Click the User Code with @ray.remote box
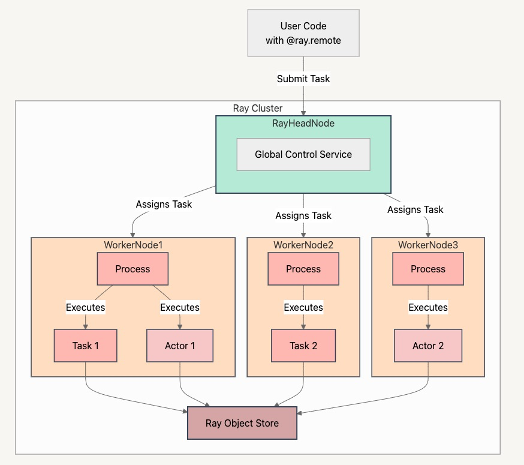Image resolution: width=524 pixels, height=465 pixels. pyautogui.click(x=303, y=33)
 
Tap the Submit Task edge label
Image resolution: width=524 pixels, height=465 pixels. pyautogui.click(x=303, y=79)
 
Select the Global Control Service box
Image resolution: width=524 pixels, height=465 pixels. pyautogui.click(x=303, y=155)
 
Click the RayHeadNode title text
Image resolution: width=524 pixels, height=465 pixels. pyautogui.click(x=303, y=124)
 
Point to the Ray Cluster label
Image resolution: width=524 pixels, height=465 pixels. pyautogui.click(x=258, y=109)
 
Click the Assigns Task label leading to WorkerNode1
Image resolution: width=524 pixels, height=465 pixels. pyautogui.click(x=164, y=204)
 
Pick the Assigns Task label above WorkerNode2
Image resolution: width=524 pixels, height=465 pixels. pyautogui.click(x=303, y=215)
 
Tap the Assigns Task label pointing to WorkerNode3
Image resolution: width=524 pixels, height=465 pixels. pyautogui.click(x=415, y=209)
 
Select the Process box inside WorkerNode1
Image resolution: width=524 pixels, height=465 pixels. pyautogui.click(x=132, y=269)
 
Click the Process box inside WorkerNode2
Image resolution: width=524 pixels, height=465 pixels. pyautogui.click(x=303, y=269)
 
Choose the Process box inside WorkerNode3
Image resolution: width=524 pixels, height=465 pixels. pyautogui.click(x=428, y=269)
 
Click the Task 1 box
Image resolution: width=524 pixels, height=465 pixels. pyautogui.click(x=86, y=346)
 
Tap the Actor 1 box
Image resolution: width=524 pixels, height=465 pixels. pyautogui.click(x=180, y=346)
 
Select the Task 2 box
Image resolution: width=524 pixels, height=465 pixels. pyautogui.click(x=303, y=346)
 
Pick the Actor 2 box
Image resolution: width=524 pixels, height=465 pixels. pyautogui.click(x=428, y=346)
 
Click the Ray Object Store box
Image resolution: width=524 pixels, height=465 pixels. pyautogui.click(x=242, y=423)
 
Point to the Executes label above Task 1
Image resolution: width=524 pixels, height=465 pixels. pyautogui.click(x=86, y=307)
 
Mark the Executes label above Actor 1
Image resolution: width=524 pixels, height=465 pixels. pyautogui.click(x=180, y=307)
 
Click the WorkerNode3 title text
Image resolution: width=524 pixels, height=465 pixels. pyautogui.click(x=428, y=245)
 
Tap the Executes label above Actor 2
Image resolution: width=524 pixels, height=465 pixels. pyautogui.click(x=428, y=307)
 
